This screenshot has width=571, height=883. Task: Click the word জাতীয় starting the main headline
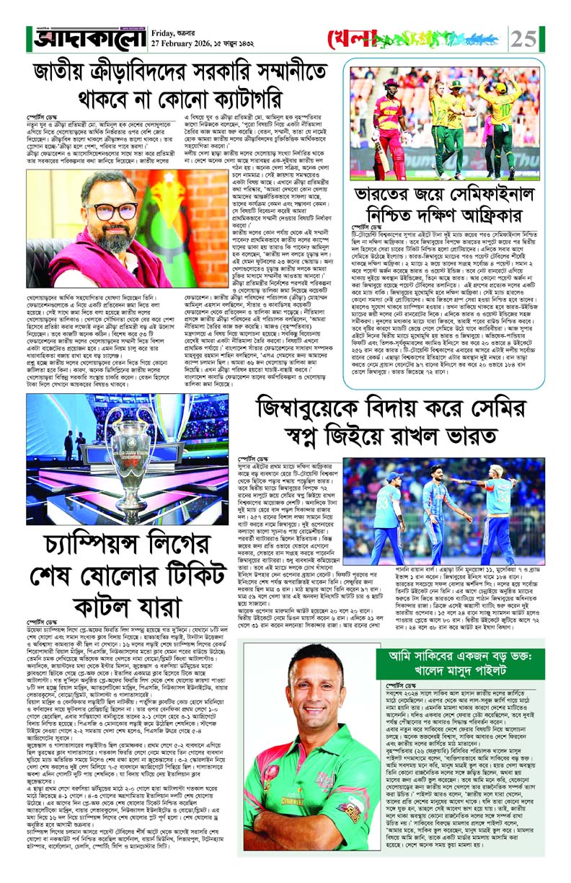(x=71, y=74)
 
